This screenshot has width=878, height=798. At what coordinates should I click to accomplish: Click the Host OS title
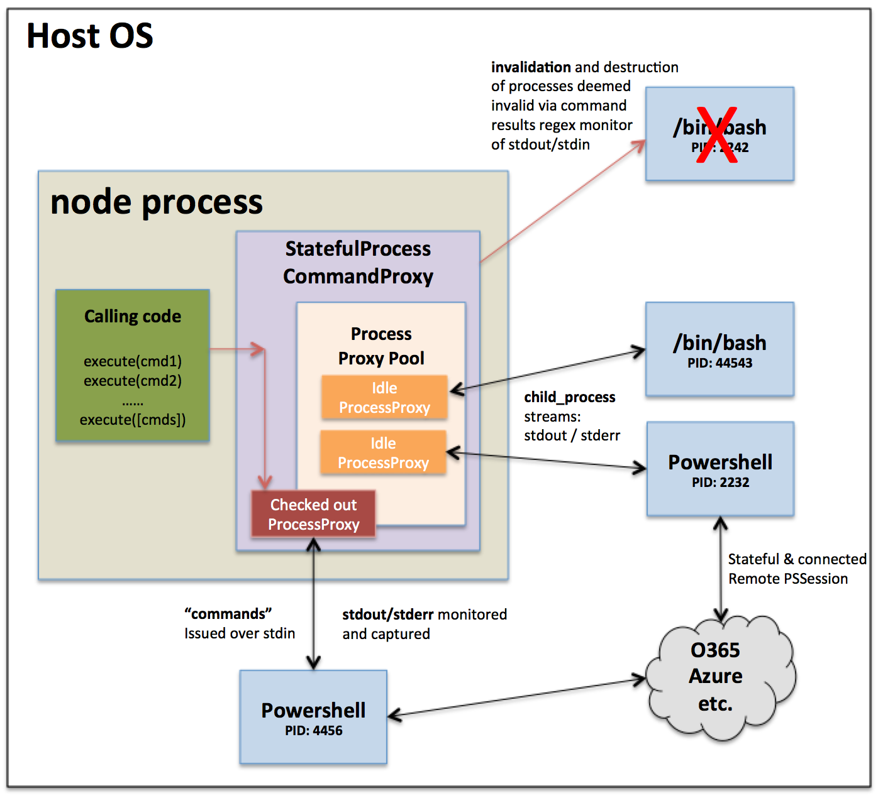click(90, 36)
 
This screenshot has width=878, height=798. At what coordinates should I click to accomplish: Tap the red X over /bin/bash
click(717, 135)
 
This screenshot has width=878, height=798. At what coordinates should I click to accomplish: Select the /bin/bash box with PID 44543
click(720, 349)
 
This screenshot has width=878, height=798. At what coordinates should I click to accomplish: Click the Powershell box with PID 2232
click(720, 469)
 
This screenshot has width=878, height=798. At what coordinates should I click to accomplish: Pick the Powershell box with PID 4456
click(313, 717)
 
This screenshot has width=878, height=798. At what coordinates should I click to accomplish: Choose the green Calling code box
click(133, 365)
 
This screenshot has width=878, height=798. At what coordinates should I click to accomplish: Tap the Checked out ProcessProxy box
click(313, 514)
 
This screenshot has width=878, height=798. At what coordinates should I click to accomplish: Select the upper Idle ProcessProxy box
click(384, 397)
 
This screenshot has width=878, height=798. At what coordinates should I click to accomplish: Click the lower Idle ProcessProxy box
click(383, 452)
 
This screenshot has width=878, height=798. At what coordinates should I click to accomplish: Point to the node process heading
click(157, 202)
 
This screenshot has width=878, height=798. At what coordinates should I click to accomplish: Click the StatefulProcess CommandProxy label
click(358, 262)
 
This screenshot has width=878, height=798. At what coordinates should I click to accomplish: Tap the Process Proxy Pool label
click(381, 346)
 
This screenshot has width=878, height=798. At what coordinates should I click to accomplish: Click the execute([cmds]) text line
click(133, 420)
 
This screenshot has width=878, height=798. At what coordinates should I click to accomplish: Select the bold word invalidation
click(531, 67)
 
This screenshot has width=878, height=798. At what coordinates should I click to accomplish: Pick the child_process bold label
click(569, 397)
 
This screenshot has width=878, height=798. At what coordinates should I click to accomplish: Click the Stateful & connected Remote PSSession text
click(796, 569)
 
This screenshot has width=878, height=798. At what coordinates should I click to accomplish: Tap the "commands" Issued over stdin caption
click(239, 623)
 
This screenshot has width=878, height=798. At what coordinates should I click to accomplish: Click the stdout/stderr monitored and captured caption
click(424, 624)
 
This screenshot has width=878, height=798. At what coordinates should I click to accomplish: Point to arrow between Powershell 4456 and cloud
click(516, 697)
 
